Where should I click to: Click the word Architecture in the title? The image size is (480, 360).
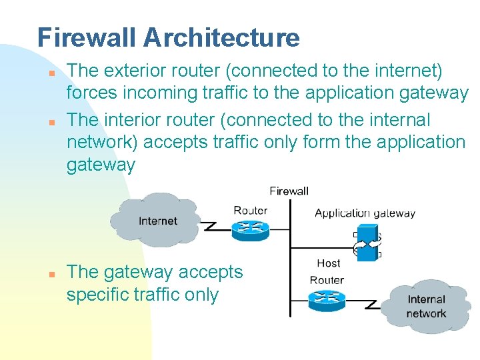point(221,37)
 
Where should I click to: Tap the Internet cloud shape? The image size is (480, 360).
point(157,219)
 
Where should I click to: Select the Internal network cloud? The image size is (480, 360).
point(426,306)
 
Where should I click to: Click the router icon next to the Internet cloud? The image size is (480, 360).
point(250,229)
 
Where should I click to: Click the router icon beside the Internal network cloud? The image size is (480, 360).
point(327,301)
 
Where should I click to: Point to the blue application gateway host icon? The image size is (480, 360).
point(367,242)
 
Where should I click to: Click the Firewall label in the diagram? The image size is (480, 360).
point(289,191)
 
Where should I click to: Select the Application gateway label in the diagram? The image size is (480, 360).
point(365,213)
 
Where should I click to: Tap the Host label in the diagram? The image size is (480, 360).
point(328,263)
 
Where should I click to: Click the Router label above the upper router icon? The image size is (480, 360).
point(250,210)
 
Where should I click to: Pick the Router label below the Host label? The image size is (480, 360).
point(327,280)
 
